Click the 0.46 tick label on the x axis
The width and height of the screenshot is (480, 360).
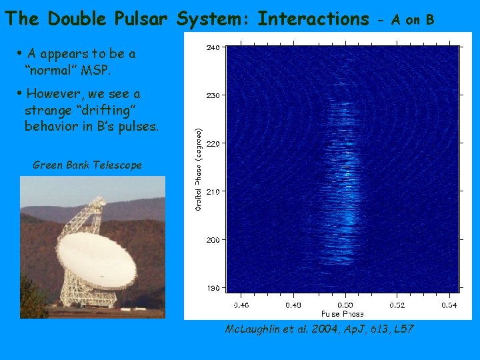pos(241,305)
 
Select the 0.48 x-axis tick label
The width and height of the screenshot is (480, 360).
pos(293,305)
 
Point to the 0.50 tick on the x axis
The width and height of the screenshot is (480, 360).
pos(345,305)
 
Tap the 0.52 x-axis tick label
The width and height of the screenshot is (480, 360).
pos(397,305)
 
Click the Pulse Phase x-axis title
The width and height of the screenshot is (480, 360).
pos(342,313)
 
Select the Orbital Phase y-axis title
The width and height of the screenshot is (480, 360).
pos(199,169)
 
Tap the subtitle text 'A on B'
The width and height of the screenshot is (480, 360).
pos(413,20)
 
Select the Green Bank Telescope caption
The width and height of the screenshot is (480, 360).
pos(87,165)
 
